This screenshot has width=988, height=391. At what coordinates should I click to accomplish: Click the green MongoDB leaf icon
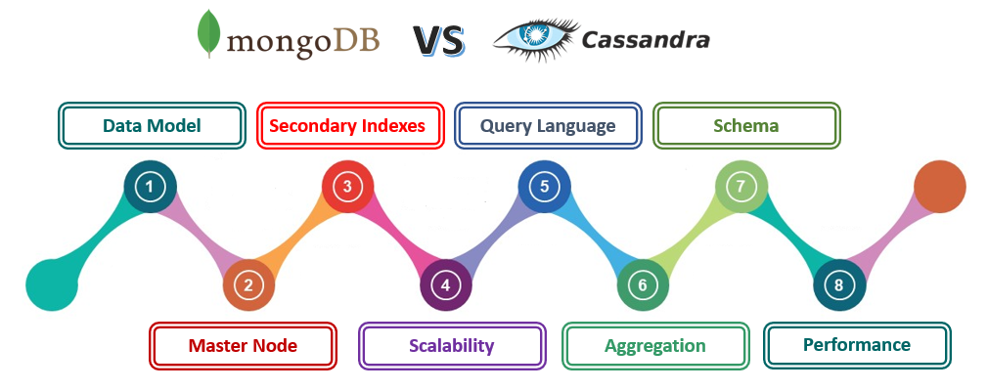(x=207, y=34)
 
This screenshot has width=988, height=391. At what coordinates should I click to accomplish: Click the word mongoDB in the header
(x=303, y=42)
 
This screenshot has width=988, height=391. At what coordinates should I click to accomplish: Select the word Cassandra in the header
(x=646, y=40)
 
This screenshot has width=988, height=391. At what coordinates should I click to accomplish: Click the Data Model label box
(x=152, y=126)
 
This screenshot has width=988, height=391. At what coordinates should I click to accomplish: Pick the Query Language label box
(x=548, y=126)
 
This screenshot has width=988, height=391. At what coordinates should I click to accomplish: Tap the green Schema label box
(x=746, y=126)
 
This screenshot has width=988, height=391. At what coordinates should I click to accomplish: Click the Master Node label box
(x=243, y=346)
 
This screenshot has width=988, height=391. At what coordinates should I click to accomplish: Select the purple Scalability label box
(x=451, y=346)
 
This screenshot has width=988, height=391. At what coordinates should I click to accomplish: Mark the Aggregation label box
(x=654, y=346)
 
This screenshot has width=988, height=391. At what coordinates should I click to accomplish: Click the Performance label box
(x=856, y=345)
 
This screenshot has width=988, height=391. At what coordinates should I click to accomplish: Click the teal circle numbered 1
(x=150, y=187)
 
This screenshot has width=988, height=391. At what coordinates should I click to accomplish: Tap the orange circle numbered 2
(x=248, y=285)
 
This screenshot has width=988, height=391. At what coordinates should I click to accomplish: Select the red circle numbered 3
(x=348, y=187)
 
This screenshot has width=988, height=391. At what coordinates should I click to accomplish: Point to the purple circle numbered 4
(x=446, y=285)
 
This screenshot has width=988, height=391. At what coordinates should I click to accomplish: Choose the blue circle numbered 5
(x=545, y=187)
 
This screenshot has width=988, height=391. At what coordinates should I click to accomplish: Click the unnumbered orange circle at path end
(x=939, y=187)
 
